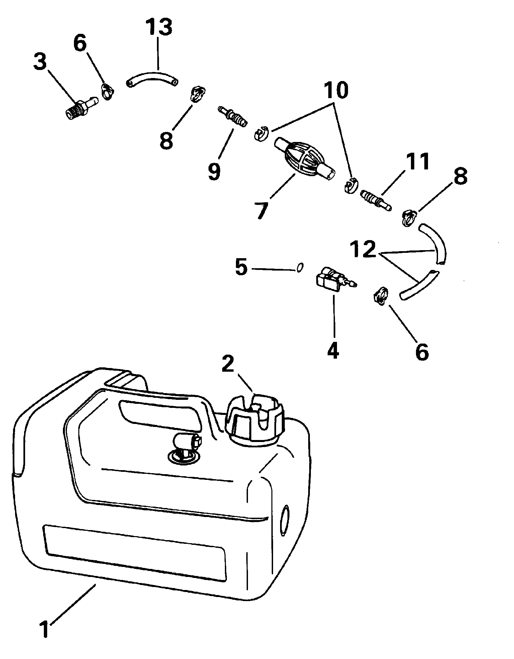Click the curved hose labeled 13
coord(152,79)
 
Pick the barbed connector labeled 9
coord(233,116)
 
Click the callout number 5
coord(241,268)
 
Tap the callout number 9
coord(214,171)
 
